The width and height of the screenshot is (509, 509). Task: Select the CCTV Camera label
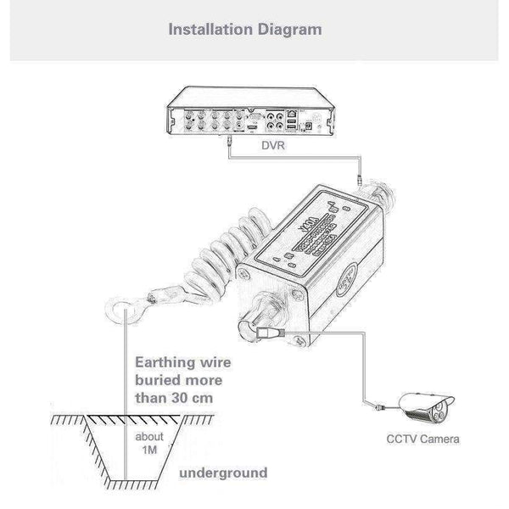[422, 439]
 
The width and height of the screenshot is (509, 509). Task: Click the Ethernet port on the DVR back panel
[292, 113]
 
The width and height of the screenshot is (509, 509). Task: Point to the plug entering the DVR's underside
[232, 147]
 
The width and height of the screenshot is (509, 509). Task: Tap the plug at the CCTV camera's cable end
[377, 409]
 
